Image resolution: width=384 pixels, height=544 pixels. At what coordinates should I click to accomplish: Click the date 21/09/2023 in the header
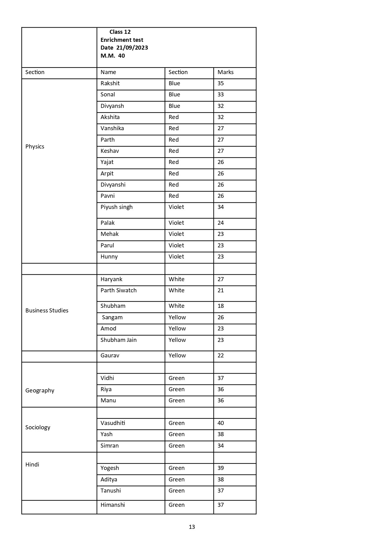(132, 48)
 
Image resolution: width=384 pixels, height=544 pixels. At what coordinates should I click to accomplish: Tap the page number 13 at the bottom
(192, 527)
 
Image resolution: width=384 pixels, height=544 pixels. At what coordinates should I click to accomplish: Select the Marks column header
(226, 72)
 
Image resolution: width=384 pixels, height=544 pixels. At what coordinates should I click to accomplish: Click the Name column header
(108, 72)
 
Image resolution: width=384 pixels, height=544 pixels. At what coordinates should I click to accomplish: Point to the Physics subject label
(35, 147)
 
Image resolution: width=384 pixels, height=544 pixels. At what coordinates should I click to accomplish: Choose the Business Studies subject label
(47, 311)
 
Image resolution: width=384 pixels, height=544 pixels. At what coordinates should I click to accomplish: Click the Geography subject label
(40, 391)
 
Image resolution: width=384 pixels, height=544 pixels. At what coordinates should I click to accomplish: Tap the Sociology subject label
(38, 427)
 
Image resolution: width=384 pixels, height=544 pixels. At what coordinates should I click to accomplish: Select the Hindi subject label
(32, 465)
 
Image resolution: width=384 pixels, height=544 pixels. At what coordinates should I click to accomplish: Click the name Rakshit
(110, 83)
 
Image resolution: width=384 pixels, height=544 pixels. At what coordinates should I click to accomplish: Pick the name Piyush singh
(116, 207)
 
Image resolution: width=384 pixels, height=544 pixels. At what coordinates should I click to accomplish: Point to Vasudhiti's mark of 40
(221, 423)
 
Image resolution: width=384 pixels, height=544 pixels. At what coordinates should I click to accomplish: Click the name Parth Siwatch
(119, 290)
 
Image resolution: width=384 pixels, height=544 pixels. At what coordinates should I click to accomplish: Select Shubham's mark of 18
(221, 306)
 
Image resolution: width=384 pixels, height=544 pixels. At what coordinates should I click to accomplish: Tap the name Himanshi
(113, 505)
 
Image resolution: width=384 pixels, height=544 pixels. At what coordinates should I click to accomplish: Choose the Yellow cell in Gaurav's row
(177, 356)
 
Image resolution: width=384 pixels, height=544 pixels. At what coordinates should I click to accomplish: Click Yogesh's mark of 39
(221, 468)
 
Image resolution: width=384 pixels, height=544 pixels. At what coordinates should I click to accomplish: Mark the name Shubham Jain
(119, 340)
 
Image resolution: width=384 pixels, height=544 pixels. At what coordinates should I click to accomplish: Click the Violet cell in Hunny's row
(176, 257)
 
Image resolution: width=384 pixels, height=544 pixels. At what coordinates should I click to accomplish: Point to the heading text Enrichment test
(122, 40)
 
